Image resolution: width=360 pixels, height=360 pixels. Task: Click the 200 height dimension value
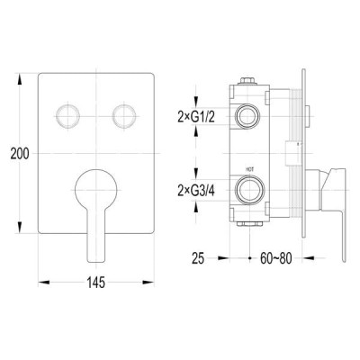click(x=20, y=154)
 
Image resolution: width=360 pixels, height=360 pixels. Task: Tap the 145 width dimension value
click(x=96, y=283)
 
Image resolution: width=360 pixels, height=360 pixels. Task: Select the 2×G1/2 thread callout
click(x=196, y=117)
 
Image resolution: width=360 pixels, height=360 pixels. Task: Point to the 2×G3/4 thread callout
click(x=196, y=191)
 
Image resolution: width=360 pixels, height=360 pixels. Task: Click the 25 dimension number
click(x=198, y=258)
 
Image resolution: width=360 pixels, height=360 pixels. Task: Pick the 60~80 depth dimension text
click(x=275, y=258)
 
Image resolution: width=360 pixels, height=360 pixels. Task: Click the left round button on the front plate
click(x=68, y=116)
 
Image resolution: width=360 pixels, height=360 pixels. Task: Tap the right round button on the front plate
click(x=124, y=116)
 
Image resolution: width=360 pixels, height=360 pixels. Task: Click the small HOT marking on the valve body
click(x=250, y=169)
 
